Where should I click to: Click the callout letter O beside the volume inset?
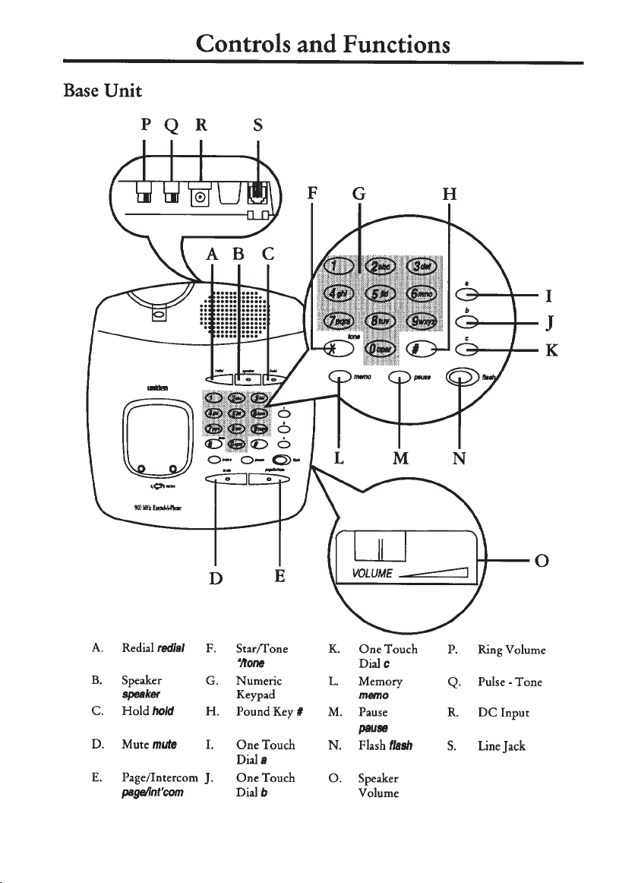coord(542,562)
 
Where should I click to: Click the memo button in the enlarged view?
coord(338,377)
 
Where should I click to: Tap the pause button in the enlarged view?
coord(400,377)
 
